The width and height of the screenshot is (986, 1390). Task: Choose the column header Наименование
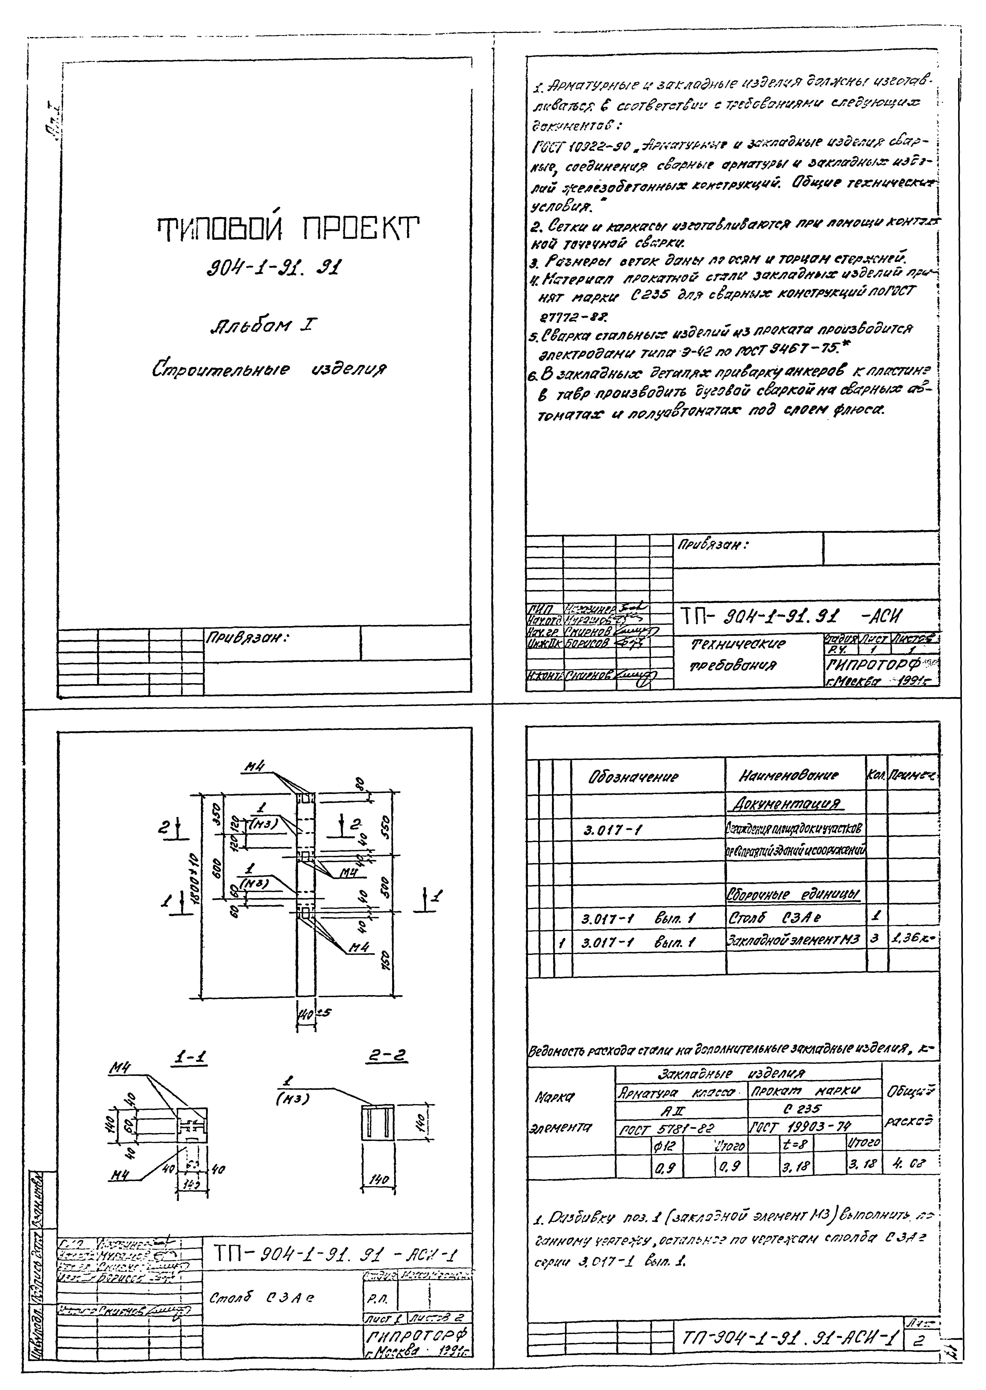tap(788, 775)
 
